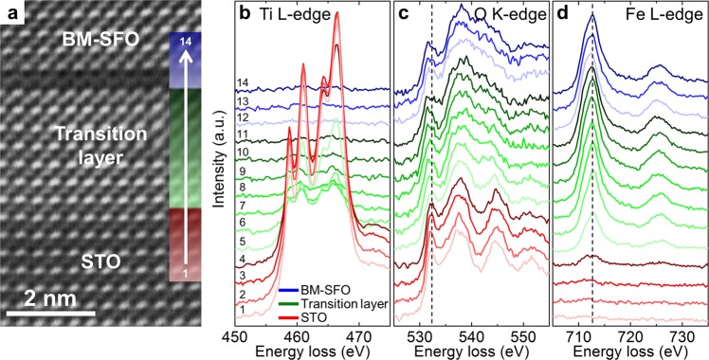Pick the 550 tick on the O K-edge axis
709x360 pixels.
(x=521, y=334)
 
